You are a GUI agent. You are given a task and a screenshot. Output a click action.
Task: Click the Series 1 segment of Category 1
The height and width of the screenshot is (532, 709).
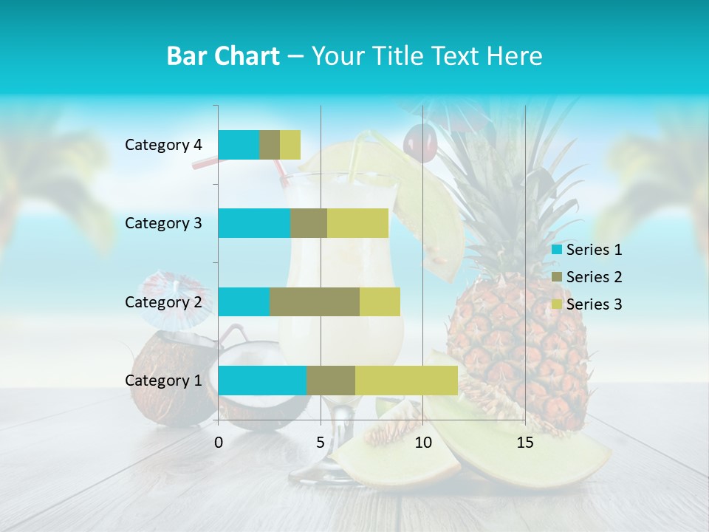point(261,381)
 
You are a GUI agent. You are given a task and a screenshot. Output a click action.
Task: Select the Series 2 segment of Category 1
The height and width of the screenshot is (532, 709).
point(330,381)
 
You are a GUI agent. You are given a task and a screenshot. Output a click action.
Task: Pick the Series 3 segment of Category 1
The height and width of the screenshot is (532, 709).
point(406,381)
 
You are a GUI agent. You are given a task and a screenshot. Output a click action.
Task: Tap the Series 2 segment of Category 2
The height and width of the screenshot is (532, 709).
point(314,301)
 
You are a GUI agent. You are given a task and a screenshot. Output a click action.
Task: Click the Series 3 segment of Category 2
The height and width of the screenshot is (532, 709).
point(380,301)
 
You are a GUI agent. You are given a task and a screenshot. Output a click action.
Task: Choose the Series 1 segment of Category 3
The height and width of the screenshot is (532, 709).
point(253,223)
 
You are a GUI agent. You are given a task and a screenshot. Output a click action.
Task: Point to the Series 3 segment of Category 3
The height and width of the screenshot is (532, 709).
point(357,223)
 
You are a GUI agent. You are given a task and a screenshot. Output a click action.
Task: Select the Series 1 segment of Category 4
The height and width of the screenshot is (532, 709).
point(238,145)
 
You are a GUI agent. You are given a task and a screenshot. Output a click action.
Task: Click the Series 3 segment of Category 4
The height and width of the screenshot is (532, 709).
point(290,145)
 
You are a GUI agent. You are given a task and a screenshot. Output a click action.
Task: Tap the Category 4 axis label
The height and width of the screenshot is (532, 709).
point(163,145)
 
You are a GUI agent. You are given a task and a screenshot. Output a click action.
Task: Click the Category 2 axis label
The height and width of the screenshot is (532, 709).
point(163,301)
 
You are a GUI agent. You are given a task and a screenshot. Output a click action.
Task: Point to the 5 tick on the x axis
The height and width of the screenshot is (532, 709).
point(321,443)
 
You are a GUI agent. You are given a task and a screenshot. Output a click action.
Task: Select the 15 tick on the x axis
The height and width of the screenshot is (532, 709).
point(525,443)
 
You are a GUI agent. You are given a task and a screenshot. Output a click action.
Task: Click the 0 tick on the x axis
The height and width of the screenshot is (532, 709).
point(218,443)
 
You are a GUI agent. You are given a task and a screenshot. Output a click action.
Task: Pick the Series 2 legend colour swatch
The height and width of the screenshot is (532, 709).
point(556,277)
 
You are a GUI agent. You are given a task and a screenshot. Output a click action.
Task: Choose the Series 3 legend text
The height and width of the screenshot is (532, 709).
point(594,304)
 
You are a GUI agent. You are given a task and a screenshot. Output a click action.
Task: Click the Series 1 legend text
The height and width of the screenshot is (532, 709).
point(594,250)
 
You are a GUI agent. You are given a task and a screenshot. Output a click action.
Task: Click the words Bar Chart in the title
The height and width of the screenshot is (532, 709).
point(223,56)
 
